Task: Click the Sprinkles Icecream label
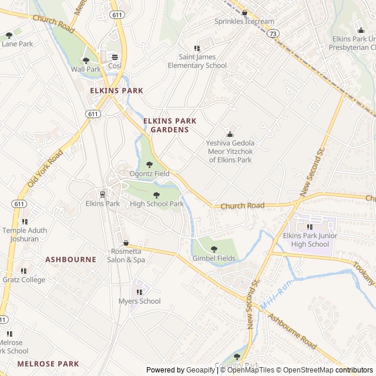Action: tap(244, 22)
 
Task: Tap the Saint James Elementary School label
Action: tap(197, 61)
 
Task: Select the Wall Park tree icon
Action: tap(86, 60)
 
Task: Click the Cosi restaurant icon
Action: tap(115, 56)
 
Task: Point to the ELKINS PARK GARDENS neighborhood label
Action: tap(169, 125)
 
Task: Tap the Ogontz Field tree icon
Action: tap(149, 164)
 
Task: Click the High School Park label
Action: tap(157, 204)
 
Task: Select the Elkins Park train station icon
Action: tap(102, 194)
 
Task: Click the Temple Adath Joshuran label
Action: tap(25, 235)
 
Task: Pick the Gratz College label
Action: tap(24, 280)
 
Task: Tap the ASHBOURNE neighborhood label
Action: tap(70, 259)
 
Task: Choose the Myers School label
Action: tap(139, 301)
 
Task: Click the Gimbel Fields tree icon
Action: tap(214, 249)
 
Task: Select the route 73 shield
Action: tap(272, 34)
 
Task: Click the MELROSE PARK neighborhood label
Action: tap(48, 364)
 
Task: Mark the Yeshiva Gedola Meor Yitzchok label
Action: tap(230, 151)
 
